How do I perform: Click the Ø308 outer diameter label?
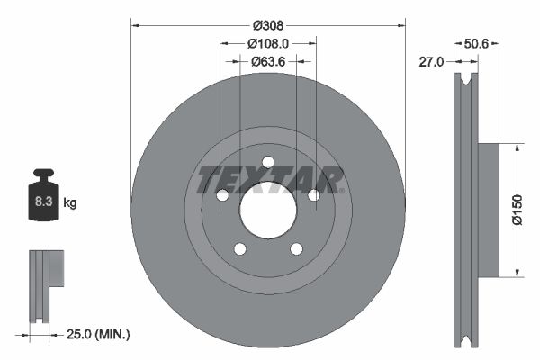(x=268, y=25)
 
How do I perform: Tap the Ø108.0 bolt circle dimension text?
(x=268, y=43)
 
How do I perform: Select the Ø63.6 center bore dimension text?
(x=268, y=61)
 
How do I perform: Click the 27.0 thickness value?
(x=432, y=61)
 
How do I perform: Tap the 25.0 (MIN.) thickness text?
(x=99, y=334)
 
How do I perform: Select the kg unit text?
(x=70, y=204)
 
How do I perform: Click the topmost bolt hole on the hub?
(x=268, y=162)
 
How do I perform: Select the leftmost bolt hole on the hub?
(x=223, y=195)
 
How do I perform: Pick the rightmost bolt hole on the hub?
(x=313, y=195)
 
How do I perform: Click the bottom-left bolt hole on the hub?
(x=240, y=248)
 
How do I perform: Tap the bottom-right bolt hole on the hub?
(x=296, y=248)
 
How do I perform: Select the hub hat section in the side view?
(x=488, y=210)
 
